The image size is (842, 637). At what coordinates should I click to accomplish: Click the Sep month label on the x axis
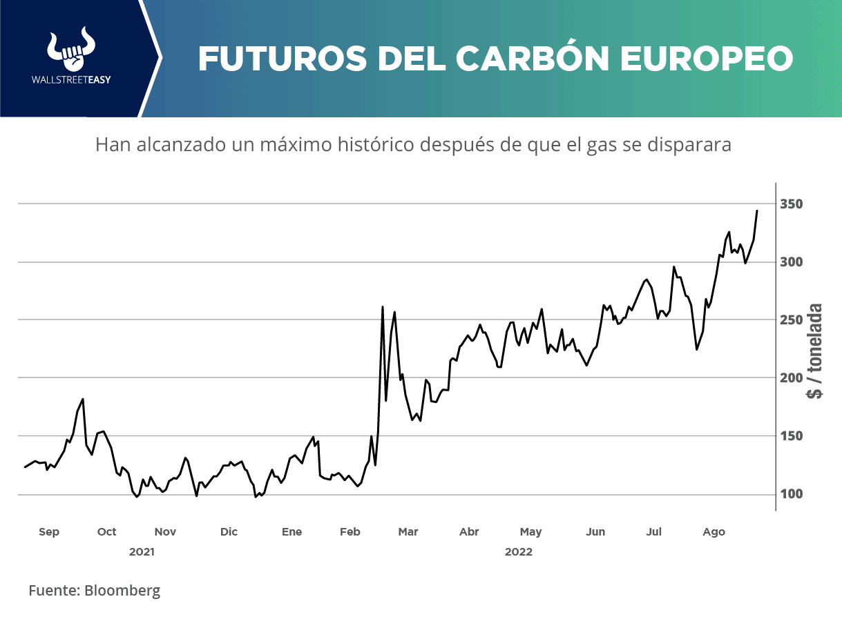coord(49,532)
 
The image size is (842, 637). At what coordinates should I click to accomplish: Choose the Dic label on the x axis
coord(229,532)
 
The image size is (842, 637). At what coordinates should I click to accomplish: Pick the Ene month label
coord(292,532)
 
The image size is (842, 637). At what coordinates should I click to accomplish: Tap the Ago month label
coord(714,532)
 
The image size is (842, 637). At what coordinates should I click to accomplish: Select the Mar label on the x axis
coord(408,532)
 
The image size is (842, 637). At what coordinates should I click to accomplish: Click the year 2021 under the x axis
coord(142,552)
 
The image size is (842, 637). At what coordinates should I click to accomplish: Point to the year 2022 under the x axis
coord(519,552)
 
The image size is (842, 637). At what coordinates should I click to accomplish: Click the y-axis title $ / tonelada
coord(816,351)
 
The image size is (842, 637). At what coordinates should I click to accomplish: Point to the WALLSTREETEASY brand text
coord(72,79)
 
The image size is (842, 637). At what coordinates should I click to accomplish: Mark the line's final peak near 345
coord(757,210)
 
